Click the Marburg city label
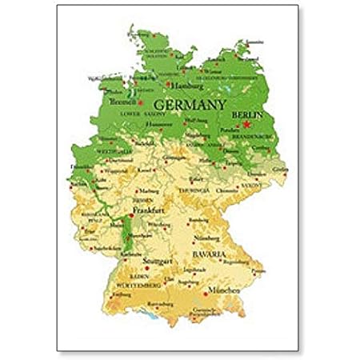[146, 191]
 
